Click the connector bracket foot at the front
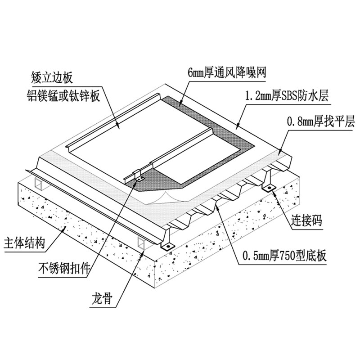click(x=167, y=246)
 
